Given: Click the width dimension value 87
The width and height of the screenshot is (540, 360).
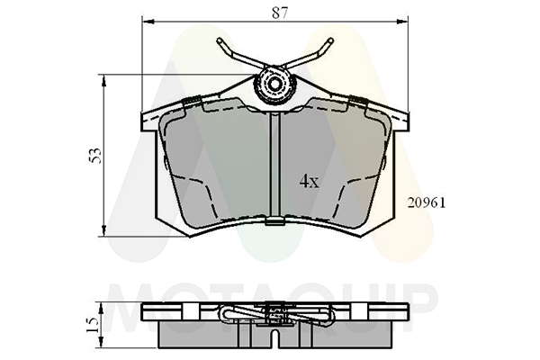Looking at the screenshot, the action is [x=279, y=13].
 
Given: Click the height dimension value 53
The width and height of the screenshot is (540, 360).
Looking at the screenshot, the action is [x=95, y=156].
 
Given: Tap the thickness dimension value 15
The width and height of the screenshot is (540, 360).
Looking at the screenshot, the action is [x=92, y=325].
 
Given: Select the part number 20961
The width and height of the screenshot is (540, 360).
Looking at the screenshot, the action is [x=427, y=202].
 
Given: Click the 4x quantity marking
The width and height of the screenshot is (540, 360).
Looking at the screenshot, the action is [x=310, y=181].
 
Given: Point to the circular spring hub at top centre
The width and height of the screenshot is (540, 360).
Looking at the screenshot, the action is [x=274, y=84].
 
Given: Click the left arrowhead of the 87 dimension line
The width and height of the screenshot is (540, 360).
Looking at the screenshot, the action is [x=148, y=22].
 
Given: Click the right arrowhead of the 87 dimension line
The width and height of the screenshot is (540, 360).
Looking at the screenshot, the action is [x=403, y=22].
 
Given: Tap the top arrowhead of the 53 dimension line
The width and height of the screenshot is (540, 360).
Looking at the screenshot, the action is [x=103, y=80].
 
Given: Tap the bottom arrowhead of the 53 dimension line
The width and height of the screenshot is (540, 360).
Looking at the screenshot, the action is [x=103, y=230].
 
